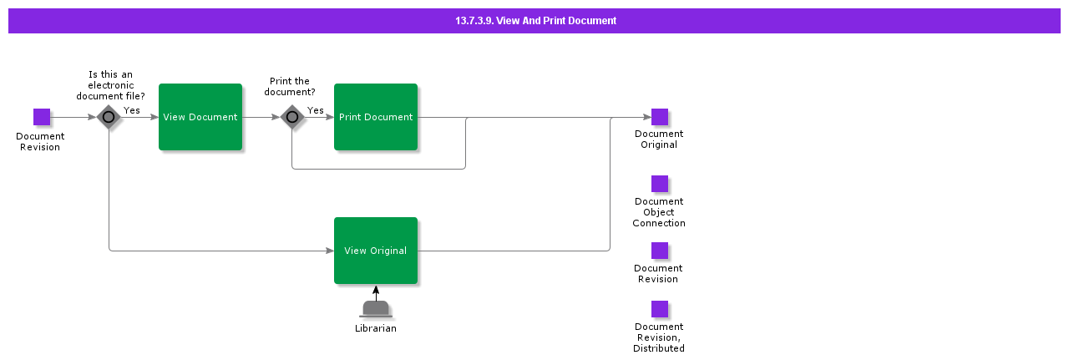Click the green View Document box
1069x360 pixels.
[x=200, y=117]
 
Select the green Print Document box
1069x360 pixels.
[x=376, y=117]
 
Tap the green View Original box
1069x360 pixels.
[x=376, y=251]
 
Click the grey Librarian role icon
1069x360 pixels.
[x=376, y=309]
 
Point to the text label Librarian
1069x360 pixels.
[x=376, y=328]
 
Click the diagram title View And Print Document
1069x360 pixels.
[x=535, y=21]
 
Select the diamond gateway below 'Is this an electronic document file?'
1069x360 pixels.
[x=109, y=117]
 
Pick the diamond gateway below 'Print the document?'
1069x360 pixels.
[x=291, y=117]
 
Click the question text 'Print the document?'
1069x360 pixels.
[x=290, y=87]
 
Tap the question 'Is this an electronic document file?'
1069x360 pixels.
[x=110, y=85]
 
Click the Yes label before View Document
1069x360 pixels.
[x=132, y=110]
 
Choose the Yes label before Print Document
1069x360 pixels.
[x=316, y=110]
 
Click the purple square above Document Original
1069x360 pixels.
[x=660, y=117]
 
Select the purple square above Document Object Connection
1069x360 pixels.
[x=660, y=184]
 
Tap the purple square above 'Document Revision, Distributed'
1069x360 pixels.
[x=660, y=309]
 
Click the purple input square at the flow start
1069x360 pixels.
[x=42, y=117]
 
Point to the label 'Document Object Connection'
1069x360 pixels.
[x=659, y=212]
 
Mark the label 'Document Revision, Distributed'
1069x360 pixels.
[x=659, y=337]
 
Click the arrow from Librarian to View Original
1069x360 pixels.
[x=376, y=292]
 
